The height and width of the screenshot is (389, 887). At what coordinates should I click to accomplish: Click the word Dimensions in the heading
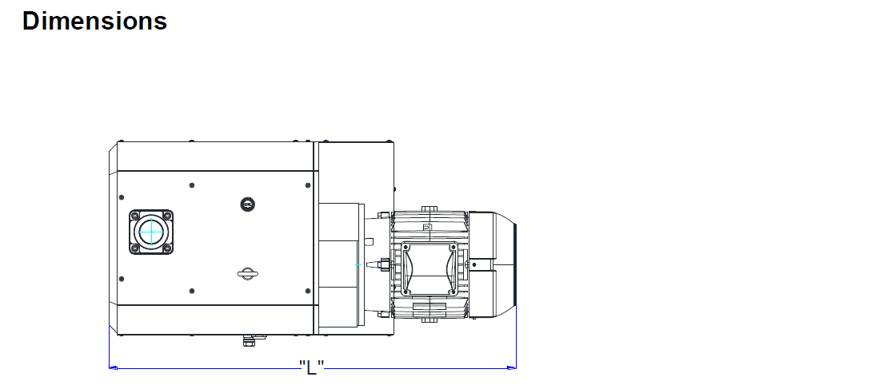pyautogui.click(x=94, y=21)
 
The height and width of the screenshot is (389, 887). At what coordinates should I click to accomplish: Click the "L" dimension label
pyautogui.click(x=312, y=367)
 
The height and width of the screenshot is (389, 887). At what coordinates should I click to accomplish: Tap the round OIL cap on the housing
pyautogui.click(x=246, y=204)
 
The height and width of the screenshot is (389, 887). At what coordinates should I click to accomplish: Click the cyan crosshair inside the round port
pyautogui.click(x=151, y=232)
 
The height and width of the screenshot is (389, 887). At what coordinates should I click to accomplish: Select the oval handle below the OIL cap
pyautogui.click(x=247, y=275)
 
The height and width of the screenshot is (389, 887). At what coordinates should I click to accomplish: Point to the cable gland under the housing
pyautogui.click(x=249, y=340)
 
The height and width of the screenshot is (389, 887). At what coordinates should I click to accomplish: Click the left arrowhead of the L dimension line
pyautogui.click(x=113, y=368)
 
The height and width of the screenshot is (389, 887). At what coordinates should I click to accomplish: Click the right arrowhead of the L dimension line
pyautogui.click(x=511, y=368)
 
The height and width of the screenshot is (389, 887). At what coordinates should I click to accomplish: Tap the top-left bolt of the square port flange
pyautogui.click(x=134, y=216)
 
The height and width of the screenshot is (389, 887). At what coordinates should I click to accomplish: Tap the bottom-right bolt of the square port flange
pyautogui.click(x=167, y=248)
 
